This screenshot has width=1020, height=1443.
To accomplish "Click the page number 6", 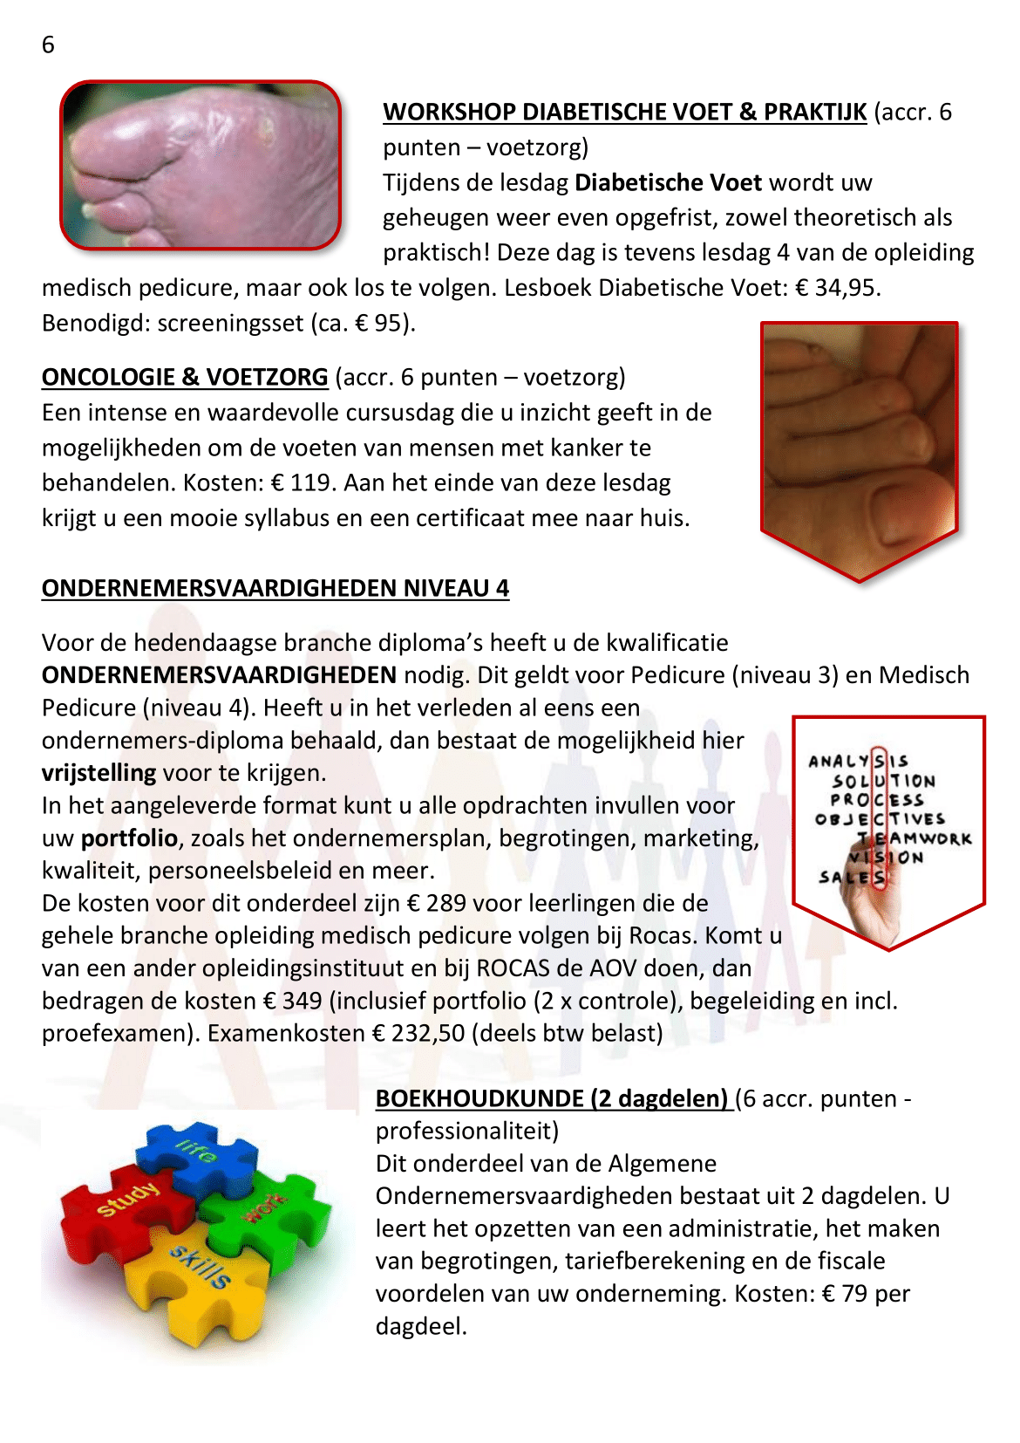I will [x=48, y=44].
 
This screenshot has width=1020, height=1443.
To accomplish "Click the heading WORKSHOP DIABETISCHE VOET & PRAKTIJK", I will [x=624, y=113].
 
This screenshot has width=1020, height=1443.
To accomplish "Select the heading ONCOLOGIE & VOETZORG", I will [x=185, y=377].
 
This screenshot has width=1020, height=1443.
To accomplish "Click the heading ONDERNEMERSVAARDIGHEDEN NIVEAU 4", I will [x=275, y=588].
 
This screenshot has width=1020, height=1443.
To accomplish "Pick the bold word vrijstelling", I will [x=99, y=773].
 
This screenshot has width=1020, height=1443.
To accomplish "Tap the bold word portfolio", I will [x=129, y=838].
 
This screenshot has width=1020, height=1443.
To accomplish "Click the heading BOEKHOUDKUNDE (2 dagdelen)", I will [x=552, y=1098].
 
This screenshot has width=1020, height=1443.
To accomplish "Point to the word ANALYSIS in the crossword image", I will [x=858, y=762].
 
